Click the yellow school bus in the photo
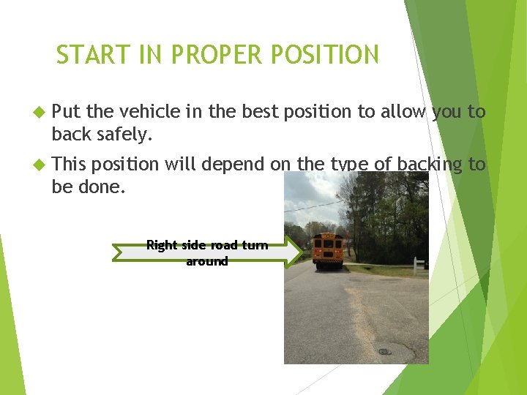[x=327, y=251]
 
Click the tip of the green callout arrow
[x=300, y=252]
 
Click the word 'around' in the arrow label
[x=207, y=261]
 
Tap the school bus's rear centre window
[x=327, y=244]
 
